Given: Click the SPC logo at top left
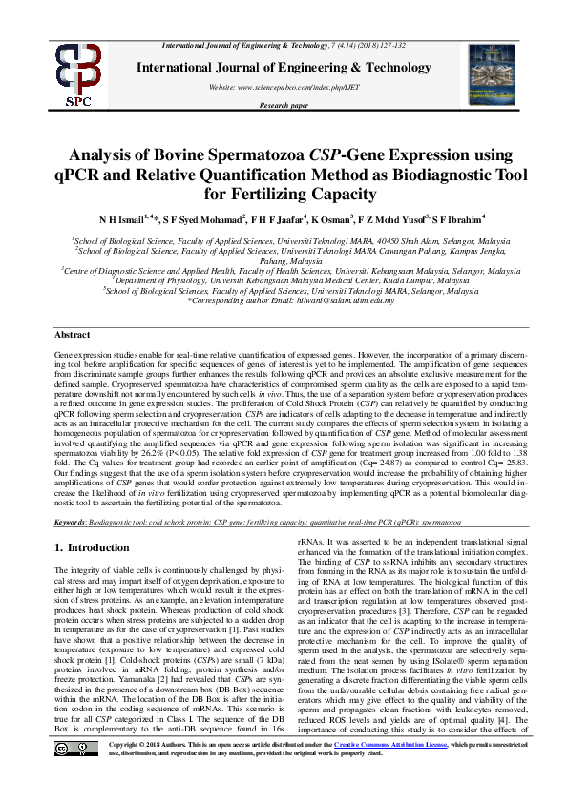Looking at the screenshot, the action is pyautogui.click(x=54, y=75).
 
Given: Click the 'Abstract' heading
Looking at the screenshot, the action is pyautogui.click(x=73, y=335).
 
